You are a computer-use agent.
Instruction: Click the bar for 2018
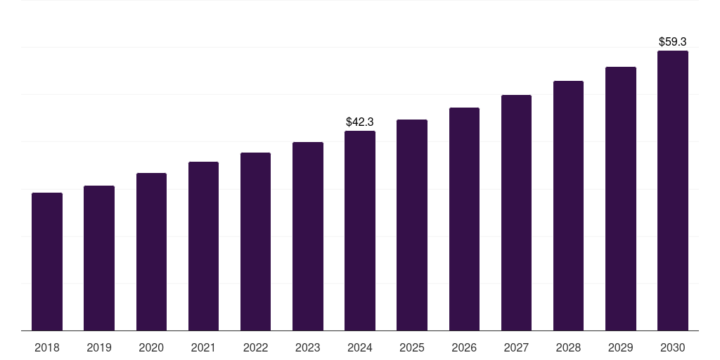pyautogui.click(x=47, y=262)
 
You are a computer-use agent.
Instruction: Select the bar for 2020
pyautogui.click(x=151, y=252)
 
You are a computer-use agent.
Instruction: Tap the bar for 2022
pyautogui.click(x=255, y=241)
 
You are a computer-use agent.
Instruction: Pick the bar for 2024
pyautogui.click(x=360, y=231)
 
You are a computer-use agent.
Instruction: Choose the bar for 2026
pyautogui.click(x=464, y=219)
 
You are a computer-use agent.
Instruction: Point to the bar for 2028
pyautogui.click(x=568, y=205)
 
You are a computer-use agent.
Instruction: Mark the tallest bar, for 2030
pyautogui.click(x=673, y=191)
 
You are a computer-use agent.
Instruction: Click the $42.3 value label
pyautogui.click(x=360, y=122)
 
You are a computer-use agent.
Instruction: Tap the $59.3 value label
pyautogui.click(x=673, y=42)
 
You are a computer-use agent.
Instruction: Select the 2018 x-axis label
pyautogui.click(x=47, y=348)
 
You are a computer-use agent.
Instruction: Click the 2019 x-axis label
pyautogui.click(x=99, y=348)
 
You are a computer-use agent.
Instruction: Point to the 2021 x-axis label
pyautogui.click(x=203, y=348)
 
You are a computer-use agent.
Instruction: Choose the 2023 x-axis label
pyautogui.click(x=308, y=348)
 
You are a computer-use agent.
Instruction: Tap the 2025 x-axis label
pyautogui.click(x=412, y=348)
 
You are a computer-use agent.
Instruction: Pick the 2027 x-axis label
pyautogui.click(x=516, y=348)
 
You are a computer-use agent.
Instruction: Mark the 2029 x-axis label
pyautogui.click(x=621, y=348)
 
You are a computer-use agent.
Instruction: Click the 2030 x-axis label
pyautogui.click(x=673, y=348)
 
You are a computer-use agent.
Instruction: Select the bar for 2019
pyautogui.click(x=99, y=258)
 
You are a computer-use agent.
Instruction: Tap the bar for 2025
pyautogui.click(x=412, y=225)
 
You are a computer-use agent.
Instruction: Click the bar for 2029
pyautogui.click(x=621, y=198)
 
